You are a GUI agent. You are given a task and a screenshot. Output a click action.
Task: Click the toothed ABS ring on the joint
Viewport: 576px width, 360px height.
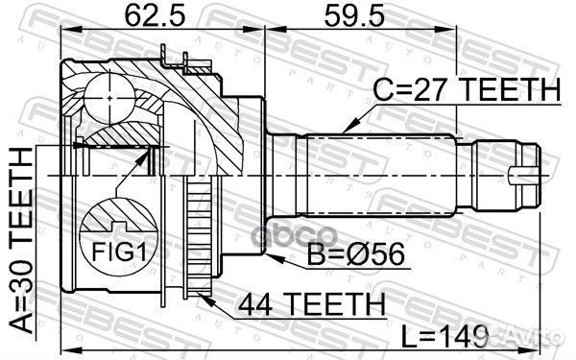202,240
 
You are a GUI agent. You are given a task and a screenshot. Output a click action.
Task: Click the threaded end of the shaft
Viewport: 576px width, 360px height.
499,173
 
